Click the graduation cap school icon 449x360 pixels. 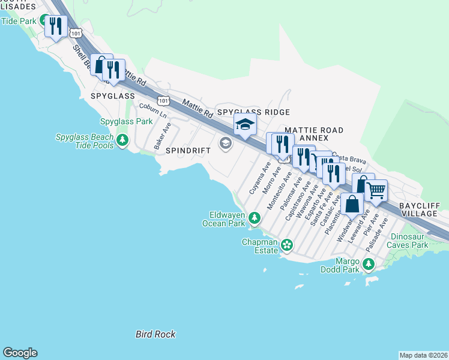click(x=245, y=125)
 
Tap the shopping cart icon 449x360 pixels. click(x=376, y=191)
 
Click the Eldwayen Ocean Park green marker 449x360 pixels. click(x=255, y=217)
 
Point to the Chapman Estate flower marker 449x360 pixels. click(x=288, y=244)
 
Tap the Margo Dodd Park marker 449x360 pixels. click(x=368, y=263)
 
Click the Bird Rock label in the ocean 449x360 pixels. click(x=155, y=334)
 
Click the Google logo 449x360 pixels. click(x=20, y=353)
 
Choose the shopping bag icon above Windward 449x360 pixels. click(x=352, y=204)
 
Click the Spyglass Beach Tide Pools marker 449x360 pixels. click(x=122, y=140)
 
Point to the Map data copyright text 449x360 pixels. click(x=423, y=355)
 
